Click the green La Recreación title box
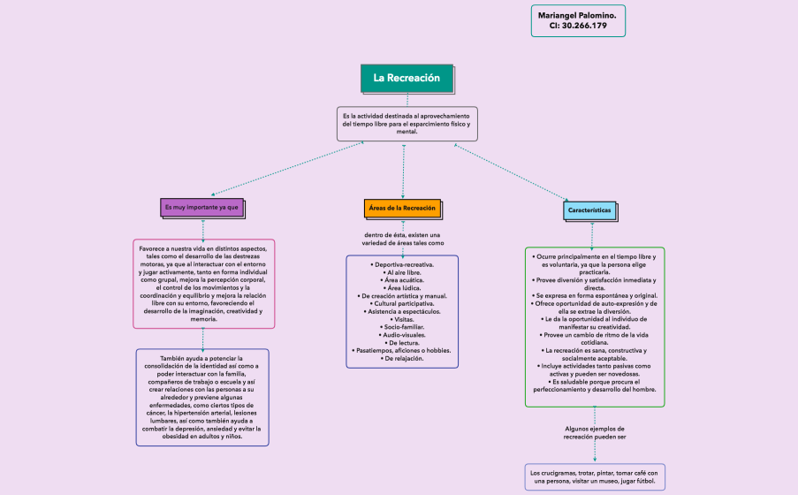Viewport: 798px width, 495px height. pos(407,78)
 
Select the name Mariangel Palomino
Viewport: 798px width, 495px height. pos(577,15)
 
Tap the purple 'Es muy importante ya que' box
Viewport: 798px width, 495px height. pos(201,207)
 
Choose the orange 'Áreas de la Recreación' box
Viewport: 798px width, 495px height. pos(401,208)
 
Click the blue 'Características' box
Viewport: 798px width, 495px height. pos(590,211)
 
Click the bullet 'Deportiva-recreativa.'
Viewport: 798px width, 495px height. pos(402,264)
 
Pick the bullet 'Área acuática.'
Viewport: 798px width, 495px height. pos(402,279)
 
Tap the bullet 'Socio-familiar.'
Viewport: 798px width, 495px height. pos(402,327)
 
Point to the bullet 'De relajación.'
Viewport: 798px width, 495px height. pos(402,359)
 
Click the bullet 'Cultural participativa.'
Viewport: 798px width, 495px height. pos(402,303)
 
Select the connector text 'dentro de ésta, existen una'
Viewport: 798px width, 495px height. pos(402,234)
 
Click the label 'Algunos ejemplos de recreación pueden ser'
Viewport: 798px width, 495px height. pos(595,432)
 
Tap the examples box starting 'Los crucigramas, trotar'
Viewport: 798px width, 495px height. pos(594,477)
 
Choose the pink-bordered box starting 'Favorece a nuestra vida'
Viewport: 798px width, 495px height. pos(203,283)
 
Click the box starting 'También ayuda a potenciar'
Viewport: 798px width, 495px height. pos(202,397)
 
